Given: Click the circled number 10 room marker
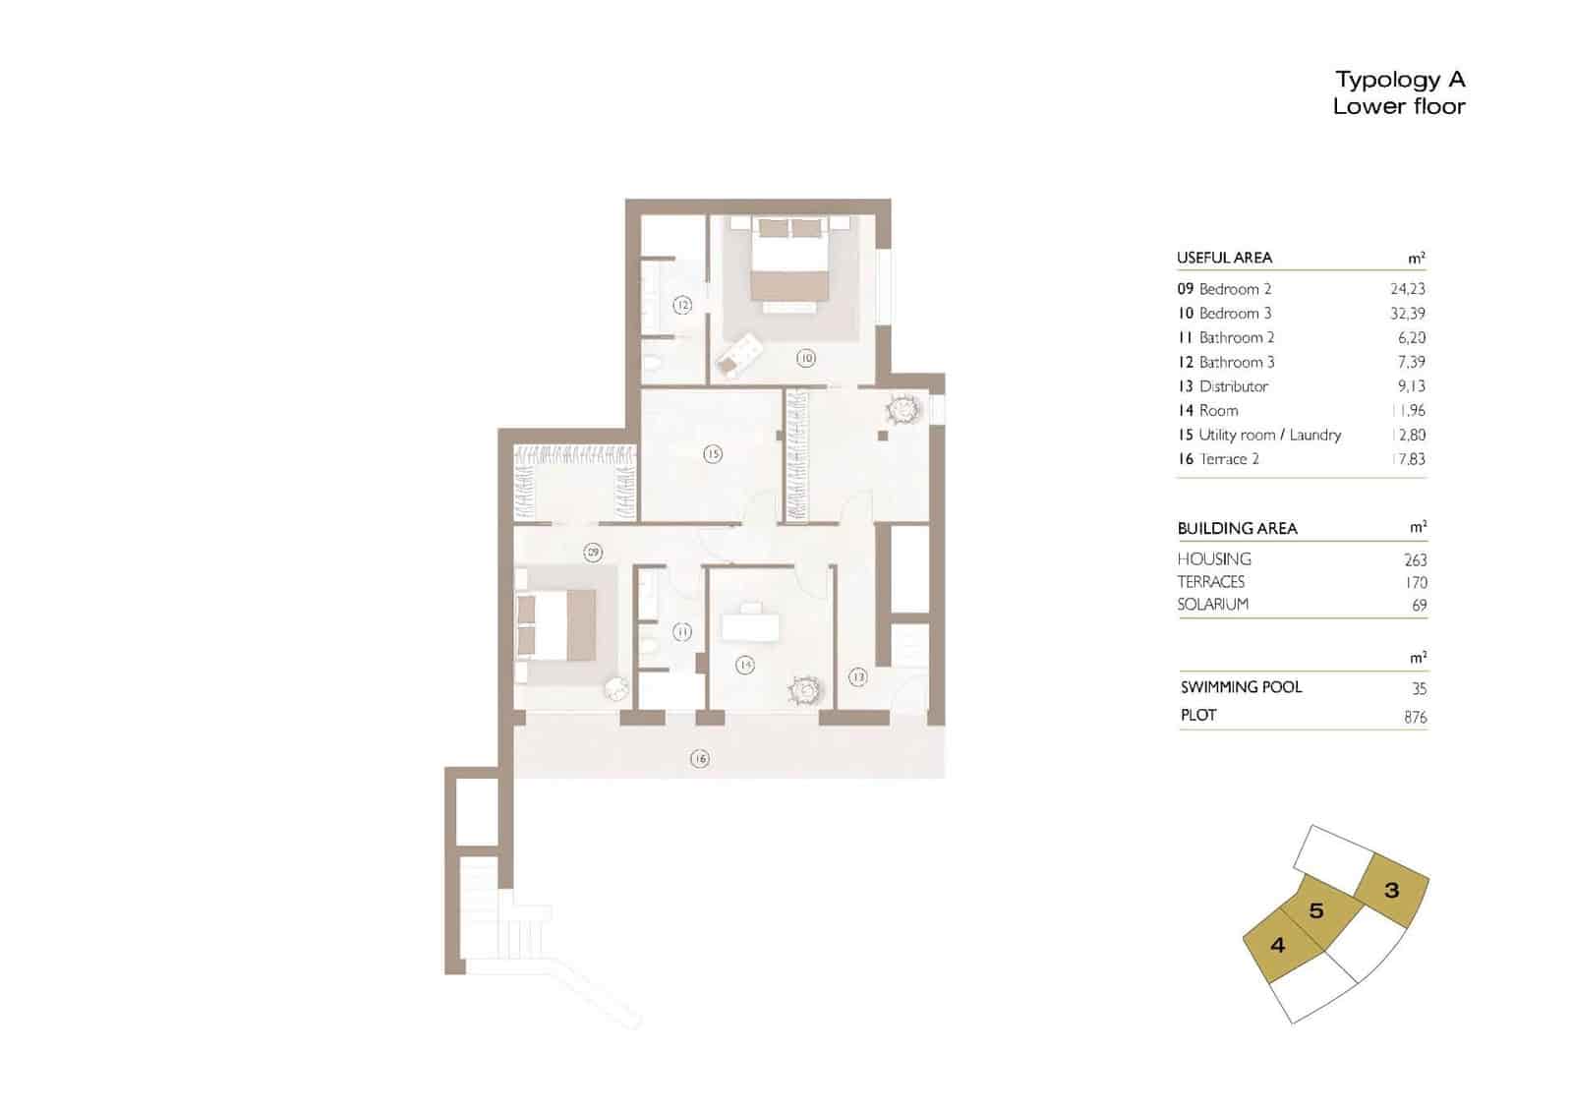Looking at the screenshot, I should (806, 359).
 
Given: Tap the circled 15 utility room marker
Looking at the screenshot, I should (713, 454).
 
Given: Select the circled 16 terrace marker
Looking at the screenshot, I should (699, 759).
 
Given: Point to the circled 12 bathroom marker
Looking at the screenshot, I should (682, 306).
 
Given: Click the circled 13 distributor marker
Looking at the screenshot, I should (858, 676).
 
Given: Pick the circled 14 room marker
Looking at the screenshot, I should (745, 666).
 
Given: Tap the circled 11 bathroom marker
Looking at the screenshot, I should (682, 632).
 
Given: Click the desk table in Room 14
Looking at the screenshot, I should (750, 625).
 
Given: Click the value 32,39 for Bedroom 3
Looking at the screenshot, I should (1407, 314).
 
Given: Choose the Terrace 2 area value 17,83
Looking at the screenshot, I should (1407, 459).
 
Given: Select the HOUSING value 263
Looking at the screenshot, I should (1415, 559).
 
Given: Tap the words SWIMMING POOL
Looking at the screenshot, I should (1241, 687).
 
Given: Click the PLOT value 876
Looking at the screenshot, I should (1415, 717).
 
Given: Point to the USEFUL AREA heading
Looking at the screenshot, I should (1224, 258).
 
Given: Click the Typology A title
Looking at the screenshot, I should (1400, 80).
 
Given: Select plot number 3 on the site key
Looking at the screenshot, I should (1391, 891).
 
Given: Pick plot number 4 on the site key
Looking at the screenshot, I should (1277, 946).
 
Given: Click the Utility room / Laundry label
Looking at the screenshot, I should (1269, 435).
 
